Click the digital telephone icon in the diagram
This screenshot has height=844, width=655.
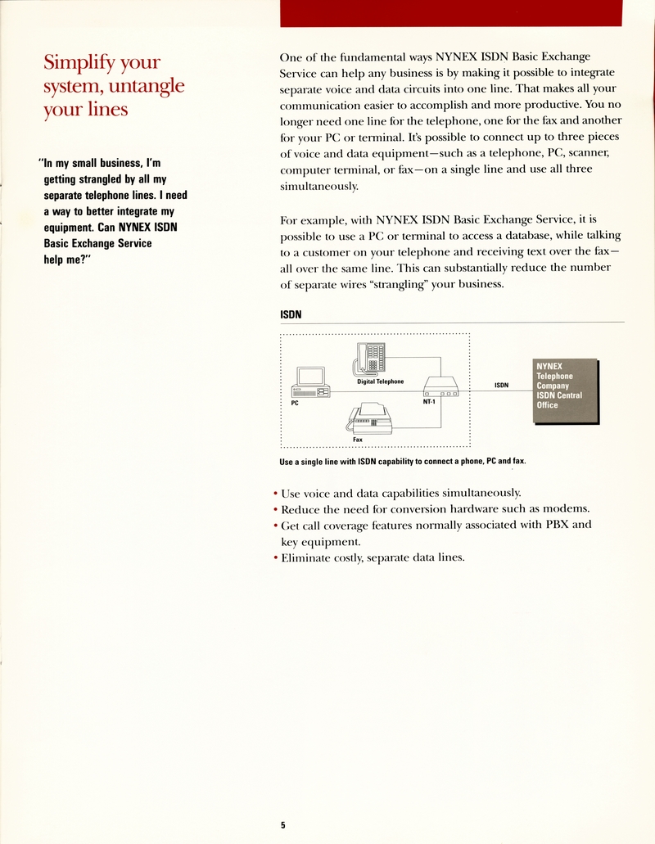pos(373,359)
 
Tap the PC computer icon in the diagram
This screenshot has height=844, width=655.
pos(311,382)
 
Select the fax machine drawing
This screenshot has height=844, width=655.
pos(372,419)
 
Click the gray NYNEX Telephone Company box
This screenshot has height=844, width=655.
pos(565,391)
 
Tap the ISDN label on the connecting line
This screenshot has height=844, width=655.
pos(501,385)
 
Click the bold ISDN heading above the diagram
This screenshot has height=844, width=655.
pos(291,314)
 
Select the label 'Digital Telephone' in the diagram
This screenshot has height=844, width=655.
pos(380,381)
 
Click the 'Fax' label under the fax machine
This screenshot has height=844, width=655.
pos(358,440)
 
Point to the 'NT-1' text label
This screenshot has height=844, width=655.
pos(429,402)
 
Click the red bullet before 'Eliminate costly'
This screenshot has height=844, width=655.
pos(274,558)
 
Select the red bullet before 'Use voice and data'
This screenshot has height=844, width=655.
pos(274,493)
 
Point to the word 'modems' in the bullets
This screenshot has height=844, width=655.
pos(564,508)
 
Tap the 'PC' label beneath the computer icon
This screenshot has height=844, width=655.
pos(295,404)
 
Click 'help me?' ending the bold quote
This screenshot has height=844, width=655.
pos(66,260)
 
